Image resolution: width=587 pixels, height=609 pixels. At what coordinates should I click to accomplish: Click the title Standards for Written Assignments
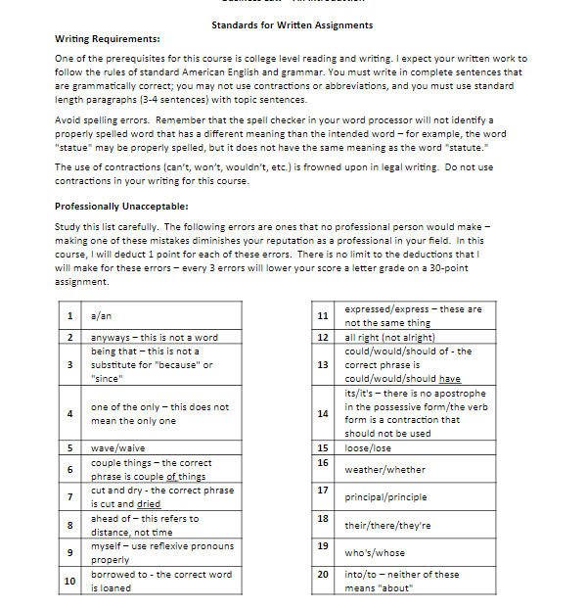point(292,24)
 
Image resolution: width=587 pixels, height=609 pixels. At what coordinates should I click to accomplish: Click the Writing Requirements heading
point(108,39)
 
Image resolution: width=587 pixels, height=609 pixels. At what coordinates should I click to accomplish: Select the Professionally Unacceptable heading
point(115,207)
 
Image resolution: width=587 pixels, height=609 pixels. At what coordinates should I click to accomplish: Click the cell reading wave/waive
point(112,447)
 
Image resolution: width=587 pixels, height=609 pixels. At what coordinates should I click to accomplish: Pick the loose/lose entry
point(369,447)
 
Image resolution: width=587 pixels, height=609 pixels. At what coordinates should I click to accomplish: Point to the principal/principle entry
point(385,496)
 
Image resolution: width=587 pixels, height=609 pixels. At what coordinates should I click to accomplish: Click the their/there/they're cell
point(387,525)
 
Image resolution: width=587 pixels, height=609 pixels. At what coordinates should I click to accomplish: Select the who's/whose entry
point(375,553)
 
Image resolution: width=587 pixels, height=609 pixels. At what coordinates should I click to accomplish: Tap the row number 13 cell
point(323,364)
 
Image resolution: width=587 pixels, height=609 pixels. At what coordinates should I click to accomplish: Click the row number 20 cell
point(323,573)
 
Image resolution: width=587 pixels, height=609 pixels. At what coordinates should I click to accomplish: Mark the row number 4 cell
point(69,413)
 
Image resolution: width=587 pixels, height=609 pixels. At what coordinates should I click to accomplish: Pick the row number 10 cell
point(69,581)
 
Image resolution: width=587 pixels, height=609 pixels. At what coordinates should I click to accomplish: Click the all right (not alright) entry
point(390,337)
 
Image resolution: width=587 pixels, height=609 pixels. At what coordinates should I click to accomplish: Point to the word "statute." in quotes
point(463,147)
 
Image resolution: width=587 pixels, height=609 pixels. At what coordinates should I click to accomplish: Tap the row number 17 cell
point(323,489)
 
